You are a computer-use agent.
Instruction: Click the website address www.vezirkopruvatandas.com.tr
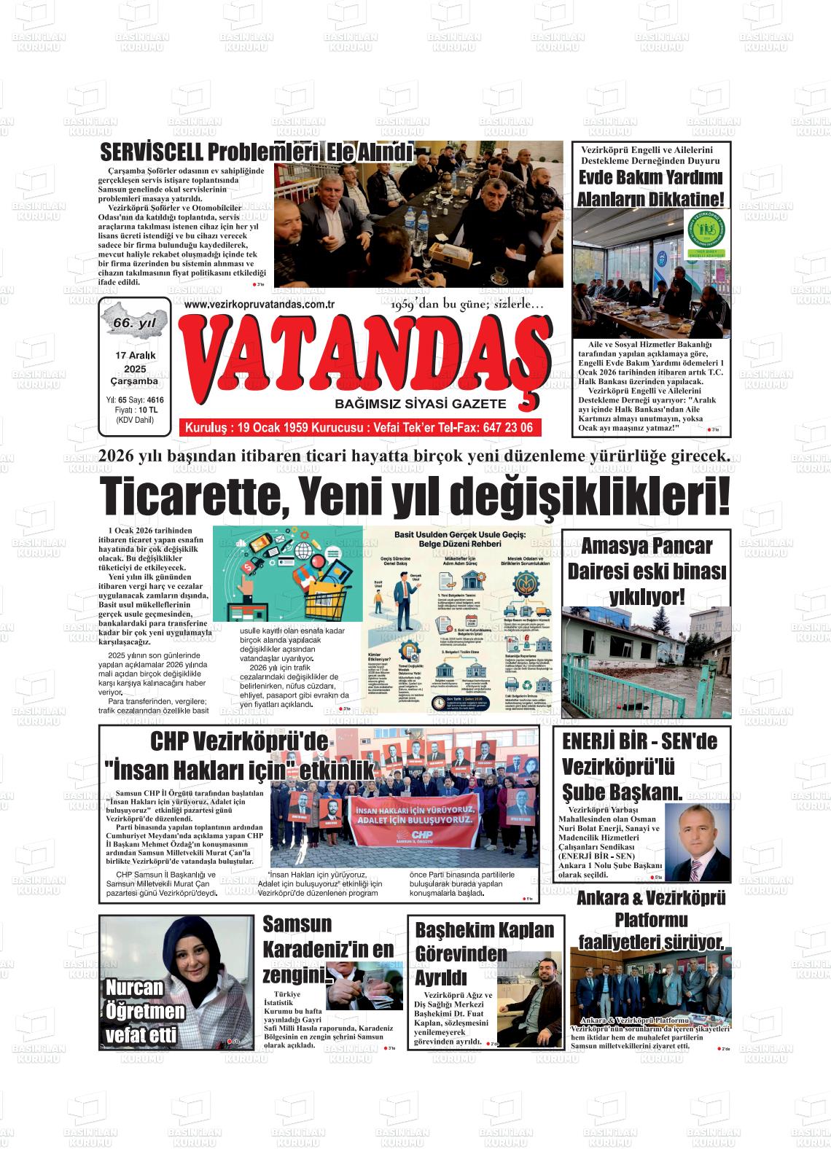[259, 304]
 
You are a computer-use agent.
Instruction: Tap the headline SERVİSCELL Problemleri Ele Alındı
[256, 154]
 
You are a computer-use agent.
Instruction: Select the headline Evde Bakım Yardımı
[650, 178]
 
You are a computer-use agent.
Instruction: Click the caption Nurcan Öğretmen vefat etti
[144, 1011]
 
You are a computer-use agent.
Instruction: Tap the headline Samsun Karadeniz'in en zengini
[327, 948]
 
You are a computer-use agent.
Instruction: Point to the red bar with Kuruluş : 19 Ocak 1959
[359, 427]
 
